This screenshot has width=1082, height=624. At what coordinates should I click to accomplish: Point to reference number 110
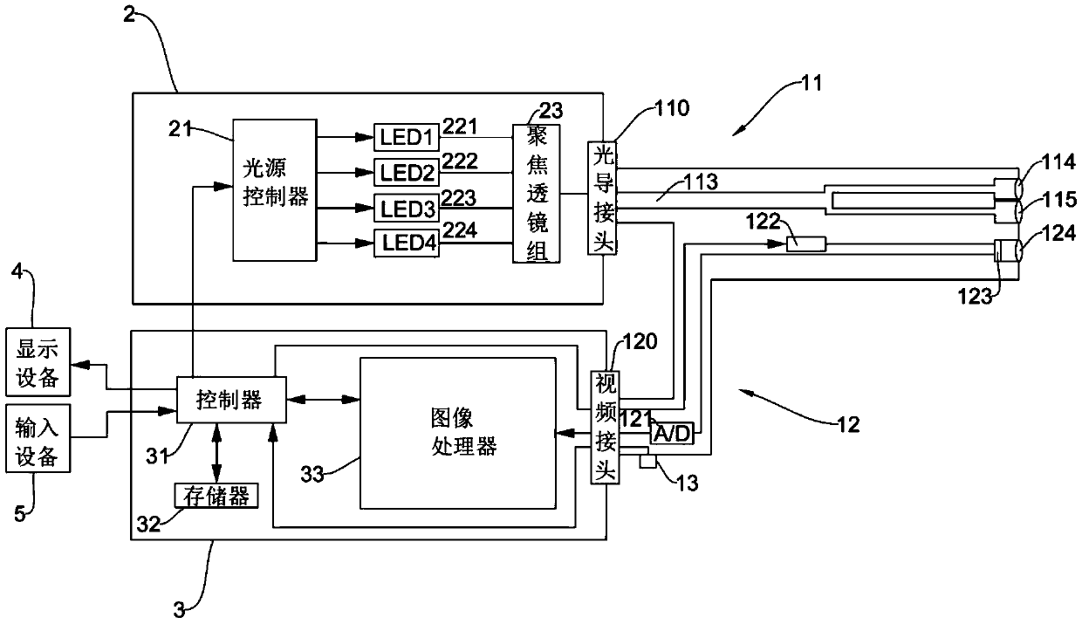click(672, 108)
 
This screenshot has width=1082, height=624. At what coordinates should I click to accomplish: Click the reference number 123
click(975, 297)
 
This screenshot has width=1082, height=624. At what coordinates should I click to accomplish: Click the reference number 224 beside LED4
click(460, 230)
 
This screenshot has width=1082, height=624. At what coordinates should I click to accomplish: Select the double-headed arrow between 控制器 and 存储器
click(217, 453)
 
